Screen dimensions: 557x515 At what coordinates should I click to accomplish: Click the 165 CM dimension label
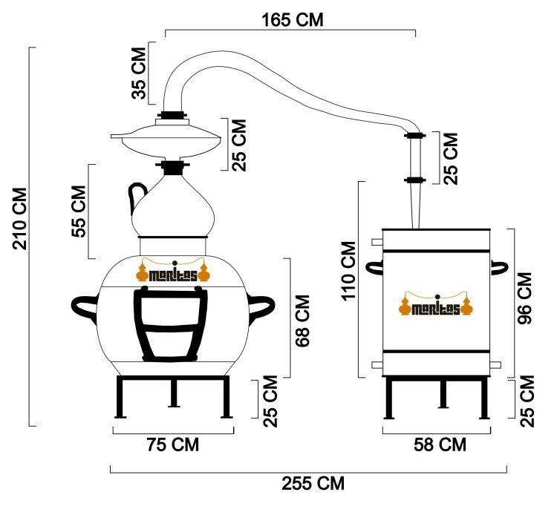[x=293, y=20]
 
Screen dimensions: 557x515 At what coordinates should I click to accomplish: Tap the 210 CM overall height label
[x=20, y=219]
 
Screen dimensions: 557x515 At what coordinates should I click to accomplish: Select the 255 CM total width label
[x=313, y=483]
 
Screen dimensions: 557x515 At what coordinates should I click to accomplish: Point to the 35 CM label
[x=139, y=73]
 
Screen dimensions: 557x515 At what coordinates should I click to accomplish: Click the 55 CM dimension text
[x=79, y=211]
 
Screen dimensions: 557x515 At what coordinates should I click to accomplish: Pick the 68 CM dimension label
[x=303, y=321]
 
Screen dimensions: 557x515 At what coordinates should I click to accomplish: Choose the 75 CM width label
[x=173, y=445]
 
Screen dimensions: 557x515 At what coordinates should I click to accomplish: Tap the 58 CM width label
[x=440, y=445]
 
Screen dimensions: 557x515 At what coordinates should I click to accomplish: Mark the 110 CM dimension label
[x=348, y=271]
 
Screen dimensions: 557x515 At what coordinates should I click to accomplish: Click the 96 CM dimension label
[x=524, y=298]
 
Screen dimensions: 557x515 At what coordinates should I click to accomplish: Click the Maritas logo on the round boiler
[x=172, y=272]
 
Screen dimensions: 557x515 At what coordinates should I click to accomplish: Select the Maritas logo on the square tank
[x=436, y=304]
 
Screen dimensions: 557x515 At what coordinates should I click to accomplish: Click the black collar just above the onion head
[x=172, y=167]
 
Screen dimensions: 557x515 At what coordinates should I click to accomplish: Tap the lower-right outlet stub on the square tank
[x=495, y=365]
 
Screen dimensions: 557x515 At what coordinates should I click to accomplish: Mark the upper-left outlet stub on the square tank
[x=377, y=242]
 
